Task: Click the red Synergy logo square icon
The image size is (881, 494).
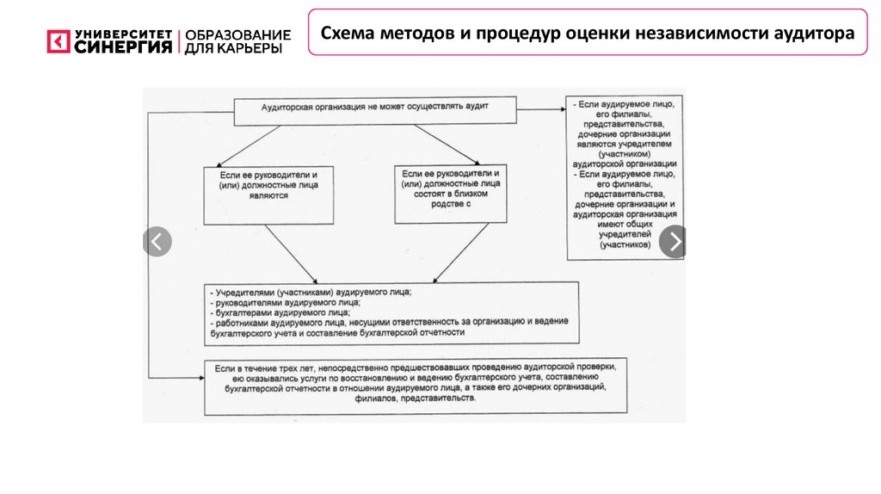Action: click(x=59, y=42)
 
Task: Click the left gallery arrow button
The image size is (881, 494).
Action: click(x=157, y=242)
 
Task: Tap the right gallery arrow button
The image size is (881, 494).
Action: click(x=674, y=242)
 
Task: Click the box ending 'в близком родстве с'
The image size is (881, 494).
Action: click(x=450, y=193)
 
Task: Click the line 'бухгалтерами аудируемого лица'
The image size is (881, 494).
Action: click(x=284, y=312)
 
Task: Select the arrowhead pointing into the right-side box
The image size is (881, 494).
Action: click(x=560, y=109)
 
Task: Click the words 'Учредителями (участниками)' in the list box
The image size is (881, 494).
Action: click(x=276, y=293)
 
